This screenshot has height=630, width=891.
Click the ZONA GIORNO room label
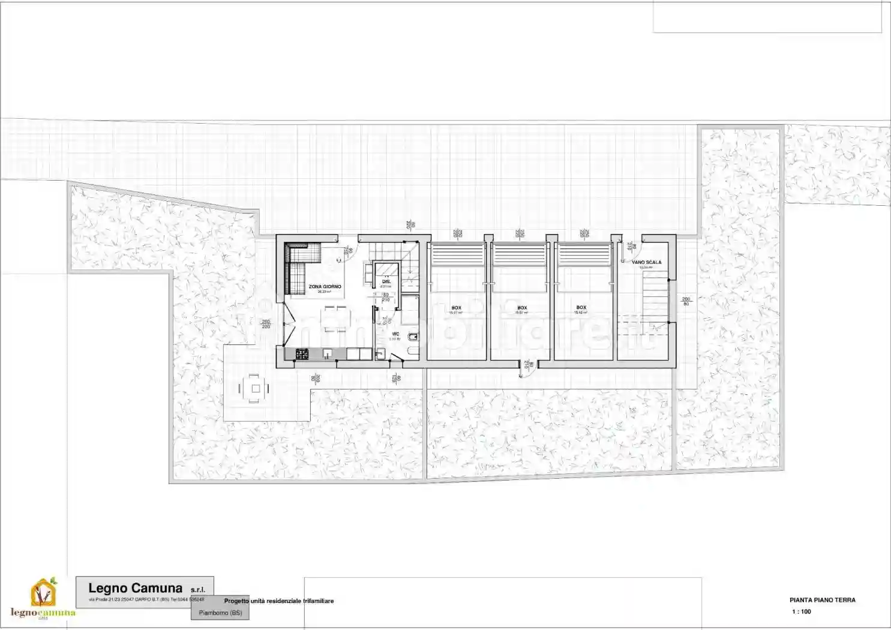325,287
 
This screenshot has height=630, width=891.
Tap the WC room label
395,334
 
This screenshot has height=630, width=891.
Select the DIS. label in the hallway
386,281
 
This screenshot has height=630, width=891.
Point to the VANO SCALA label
646,262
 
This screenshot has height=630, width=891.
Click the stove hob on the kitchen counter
302,354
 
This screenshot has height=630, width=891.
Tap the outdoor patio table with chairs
255,389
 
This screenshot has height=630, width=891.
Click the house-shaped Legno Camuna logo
43,592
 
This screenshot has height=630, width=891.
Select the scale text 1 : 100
801,612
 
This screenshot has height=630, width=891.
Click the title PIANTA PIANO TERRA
822,600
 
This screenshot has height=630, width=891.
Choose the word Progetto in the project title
236,601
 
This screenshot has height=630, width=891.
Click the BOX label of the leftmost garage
456,308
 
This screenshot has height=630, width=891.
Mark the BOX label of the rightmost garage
581,308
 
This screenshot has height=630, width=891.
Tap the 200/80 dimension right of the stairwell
686,301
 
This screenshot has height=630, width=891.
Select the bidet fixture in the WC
413,337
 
